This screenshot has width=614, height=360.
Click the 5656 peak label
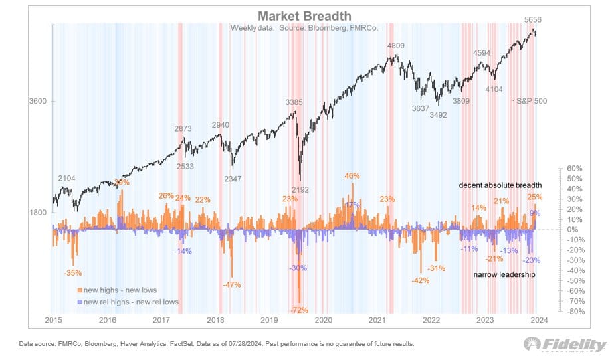pyautogui.click(x=532, y=20)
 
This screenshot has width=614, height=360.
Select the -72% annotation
pyautogui.click(x=300, y=310)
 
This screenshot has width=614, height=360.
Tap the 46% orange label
pyautogui.click(x=352, y=176)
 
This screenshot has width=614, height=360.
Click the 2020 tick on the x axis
pyautogui.click(x=323, y=320)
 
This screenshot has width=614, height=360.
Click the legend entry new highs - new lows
pyautogui.click(x=124, y=290)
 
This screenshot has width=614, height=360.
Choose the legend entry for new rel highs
pyautogui.click(x=129, y=302)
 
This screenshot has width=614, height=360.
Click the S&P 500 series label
pyautogui.click(x=531, y=101)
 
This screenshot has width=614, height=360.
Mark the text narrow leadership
pyautogui.click(x=504, y=274)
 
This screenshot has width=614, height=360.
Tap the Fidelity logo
pyautogui.click(x=565, y=345)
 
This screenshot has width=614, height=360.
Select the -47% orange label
pyautogui.click(x=232, y=284)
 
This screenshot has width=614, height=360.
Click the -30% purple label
pyautogui.click(x=299, y=268)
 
